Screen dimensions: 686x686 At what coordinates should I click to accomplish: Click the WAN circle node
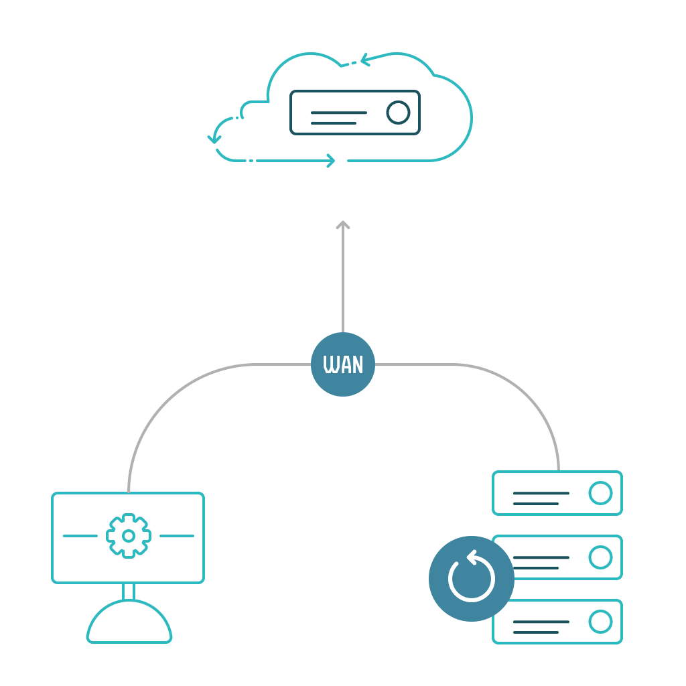343,364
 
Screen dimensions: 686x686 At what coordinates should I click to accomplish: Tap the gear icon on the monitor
129,536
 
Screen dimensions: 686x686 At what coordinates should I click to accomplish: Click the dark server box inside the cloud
355,113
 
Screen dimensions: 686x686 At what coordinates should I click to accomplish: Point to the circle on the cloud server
398,113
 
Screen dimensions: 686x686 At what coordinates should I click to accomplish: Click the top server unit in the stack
557,493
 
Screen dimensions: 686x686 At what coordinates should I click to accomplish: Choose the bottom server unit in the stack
557,622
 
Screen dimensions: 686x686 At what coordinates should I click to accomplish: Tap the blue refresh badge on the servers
472,579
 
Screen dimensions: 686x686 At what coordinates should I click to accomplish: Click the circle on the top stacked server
600,493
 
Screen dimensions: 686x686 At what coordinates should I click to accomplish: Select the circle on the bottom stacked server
600,622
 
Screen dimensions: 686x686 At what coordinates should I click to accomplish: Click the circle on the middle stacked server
600,557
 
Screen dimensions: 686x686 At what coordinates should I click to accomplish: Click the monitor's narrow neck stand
129,592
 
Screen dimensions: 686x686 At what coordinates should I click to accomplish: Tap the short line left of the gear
80,536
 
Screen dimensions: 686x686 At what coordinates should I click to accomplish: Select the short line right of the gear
177,536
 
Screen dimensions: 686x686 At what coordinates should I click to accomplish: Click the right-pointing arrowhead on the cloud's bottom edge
332,161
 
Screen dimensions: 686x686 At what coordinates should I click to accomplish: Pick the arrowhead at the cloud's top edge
365,60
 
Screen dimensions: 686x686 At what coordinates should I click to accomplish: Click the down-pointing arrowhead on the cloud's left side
214,140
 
